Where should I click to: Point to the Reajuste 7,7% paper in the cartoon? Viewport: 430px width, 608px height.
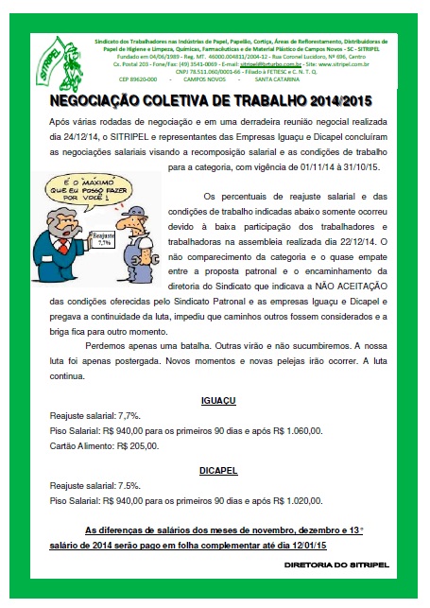point(102,238)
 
